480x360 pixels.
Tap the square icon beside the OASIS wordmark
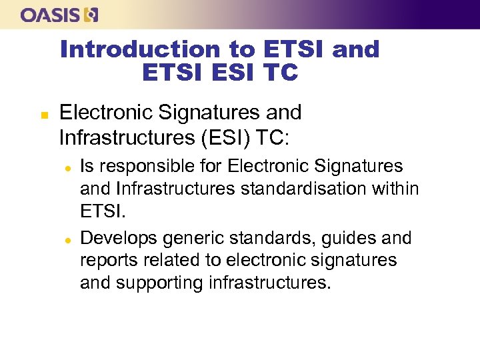pos(91,15)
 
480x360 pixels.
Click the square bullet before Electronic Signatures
pos(25,115)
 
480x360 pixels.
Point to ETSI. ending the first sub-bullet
pos(101,212)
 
